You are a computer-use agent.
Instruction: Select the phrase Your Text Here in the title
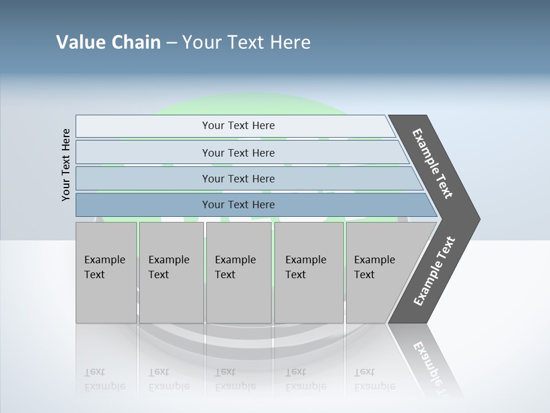point(246,42)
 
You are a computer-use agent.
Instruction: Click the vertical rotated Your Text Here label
point(66,165)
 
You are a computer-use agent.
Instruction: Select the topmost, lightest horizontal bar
point(238,126)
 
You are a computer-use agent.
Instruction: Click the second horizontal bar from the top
point(238,153)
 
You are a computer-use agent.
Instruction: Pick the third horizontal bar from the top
point(238,178)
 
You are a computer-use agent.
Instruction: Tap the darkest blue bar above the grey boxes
point(238,205)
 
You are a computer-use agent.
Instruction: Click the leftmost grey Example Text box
point(106,272)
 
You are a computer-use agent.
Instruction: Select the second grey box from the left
point(171,272)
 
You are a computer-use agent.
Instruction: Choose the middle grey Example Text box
point(238,272)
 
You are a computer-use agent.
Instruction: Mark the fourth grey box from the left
point(308,272)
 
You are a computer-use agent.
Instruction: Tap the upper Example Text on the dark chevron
point(433,163)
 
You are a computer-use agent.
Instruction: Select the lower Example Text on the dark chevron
point(434,271)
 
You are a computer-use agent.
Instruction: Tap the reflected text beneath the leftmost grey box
point(104,379)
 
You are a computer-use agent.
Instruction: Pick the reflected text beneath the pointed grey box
point(374,379)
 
